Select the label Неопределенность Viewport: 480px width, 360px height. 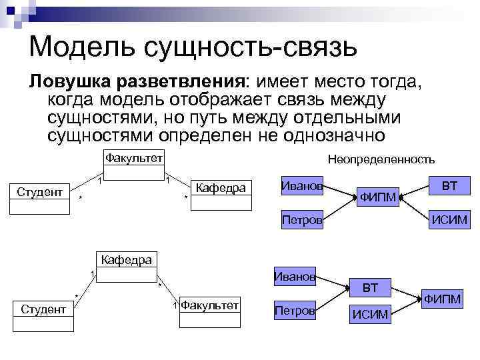click(381, 159)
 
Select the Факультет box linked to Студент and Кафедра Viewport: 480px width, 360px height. click(134, 164)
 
